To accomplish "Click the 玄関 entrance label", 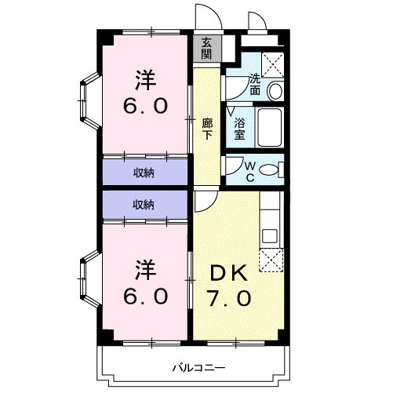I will point(206,48).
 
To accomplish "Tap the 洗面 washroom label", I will point(256,84).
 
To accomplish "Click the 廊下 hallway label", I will point(207,128).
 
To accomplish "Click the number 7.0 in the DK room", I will point(229,299).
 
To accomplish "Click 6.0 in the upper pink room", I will point(144,107).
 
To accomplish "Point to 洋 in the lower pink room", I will point(145,268).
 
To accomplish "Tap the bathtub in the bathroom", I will point(270,126).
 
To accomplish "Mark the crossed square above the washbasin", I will point(273,64).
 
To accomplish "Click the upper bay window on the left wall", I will point(86,100).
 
